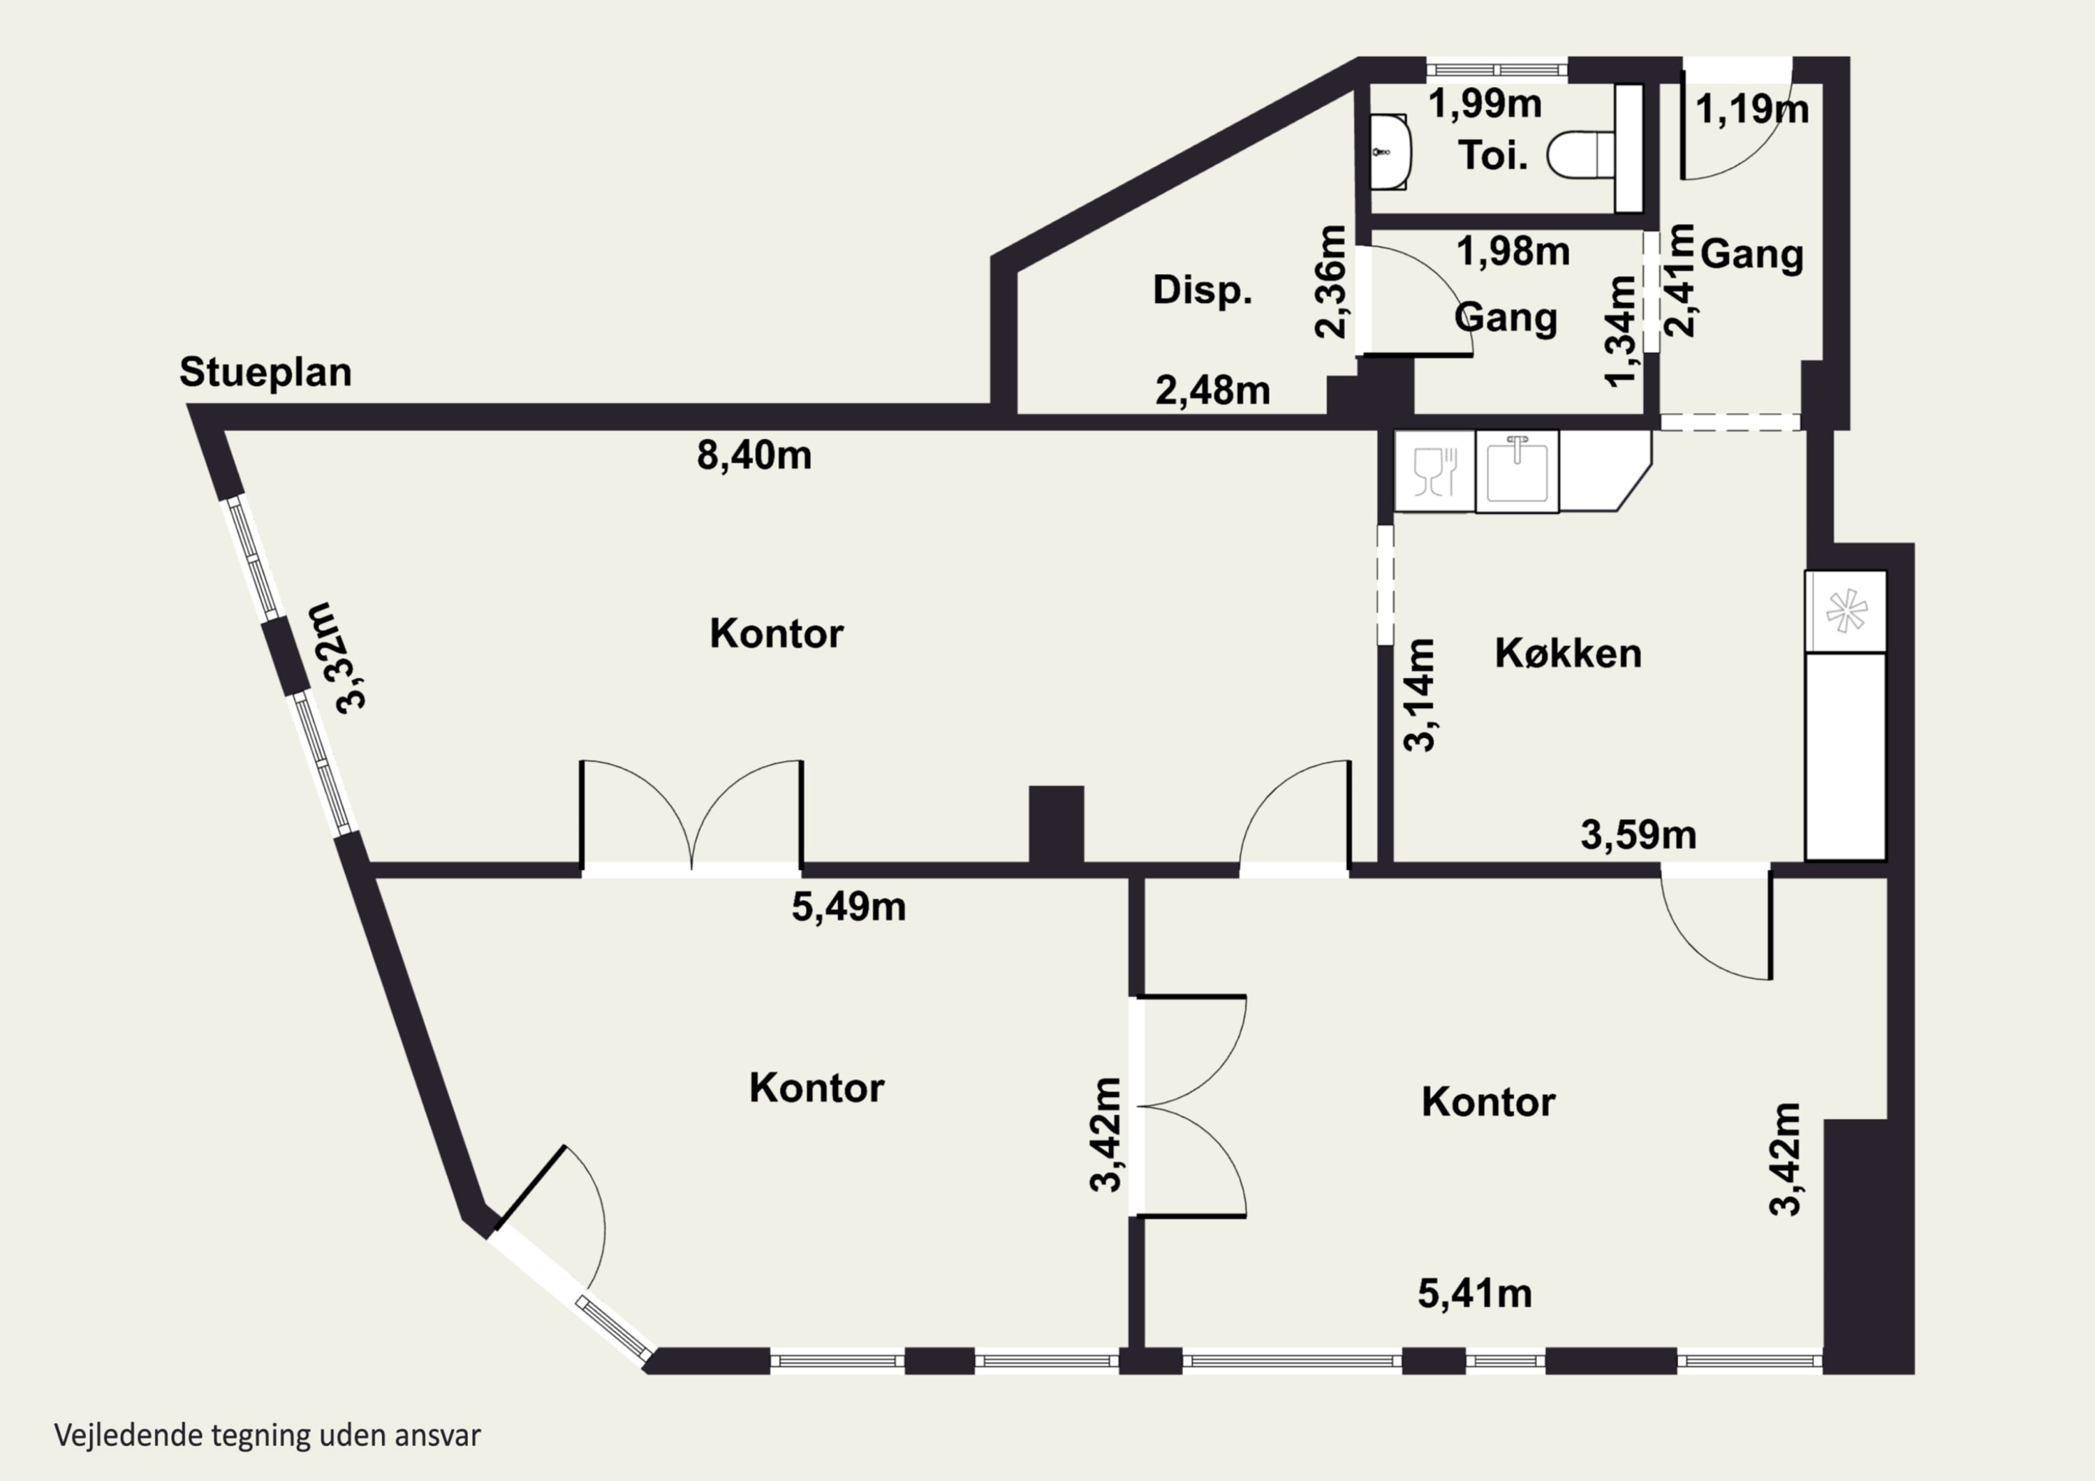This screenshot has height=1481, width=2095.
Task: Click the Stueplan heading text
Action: pos(265,373)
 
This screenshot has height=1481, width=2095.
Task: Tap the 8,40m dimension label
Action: pos(755,455)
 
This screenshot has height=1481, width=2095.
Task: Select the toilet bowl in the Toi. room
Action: pos(1581,154)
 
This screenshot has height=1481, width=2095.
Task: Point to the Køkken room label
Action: pos(1568,654)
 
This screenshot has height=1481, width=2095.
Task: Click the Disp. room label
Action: pos(1202,290)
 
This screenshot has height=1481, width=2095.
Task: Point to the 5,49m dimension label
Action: pos(848,907)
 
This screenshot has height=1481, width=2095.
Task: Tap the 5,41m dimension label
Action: pos(1474,1294)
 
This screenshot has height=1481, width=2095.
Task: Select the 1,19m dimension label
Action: pos(1752,110)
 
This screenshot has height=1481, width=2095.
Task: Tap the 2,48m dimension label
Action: pos(1212,390)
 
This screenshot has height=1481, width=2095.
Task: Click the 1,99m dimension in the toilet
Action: pos(1485,104)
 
